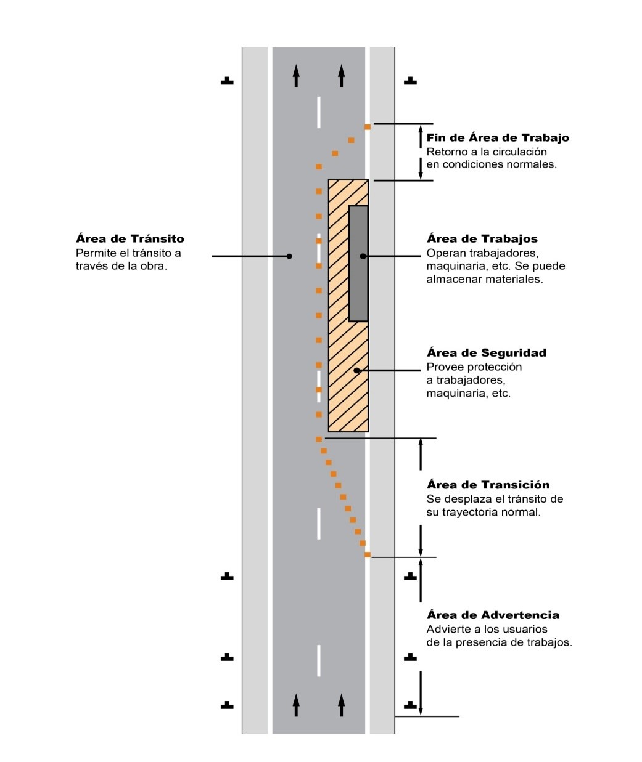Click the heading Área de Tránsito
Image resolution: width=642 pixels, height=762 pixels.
130,239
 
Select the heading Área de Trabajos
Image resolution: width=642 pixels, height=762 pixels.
482,239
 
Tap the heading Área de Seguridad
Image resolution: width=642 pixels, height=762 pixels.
486,353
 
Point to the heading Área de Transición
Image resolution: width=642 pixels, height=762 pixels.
488,485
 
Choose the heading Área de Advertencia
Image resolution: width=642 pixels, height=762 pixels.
493,615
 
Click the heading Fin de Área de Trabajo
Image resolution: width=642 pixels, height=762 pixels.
497,137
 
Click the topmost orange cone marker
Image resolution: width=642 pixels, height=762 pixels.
367,127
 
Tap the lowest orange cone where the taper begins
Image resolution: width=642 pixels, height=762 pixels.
367,555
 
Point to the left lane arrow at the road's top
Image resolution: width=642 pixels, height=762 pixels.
296,76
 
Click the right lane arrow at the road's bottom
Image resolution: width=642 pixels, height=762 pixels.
341,705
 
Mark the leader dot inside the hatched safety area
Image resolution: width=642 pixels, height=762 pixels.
356,370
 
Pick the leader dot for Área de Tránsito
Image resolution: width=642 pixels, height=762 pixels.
289,256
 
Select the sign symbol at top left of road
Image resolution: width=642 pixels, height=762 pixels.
227,81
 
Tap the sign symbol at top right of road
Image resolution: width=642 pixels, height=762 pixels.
409,81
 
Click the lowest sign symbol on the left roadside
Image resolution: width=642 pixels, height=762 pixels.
227,705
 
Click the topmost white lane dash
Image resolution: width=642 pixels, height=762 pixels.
319,112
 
